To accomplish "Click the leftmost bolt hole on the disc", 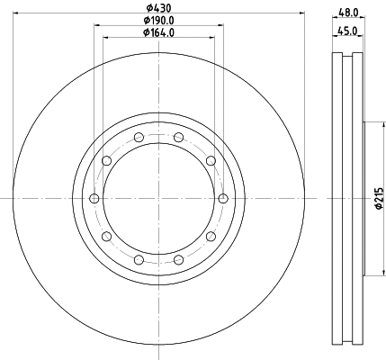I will click(x=94, y=199).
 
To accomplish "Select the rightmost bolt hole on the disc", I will click(x=222, y=199).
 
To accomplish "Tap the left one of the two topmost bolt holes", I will click(x=139, y=138).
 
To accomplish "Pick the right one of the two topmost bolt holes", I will click(x=178, y=138).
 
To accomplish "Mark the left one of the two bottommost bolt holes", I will click(x=139, y=260).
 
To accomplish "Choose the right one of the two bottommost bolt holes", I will click(x=178, y=260).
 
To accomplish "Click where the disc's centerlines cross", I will click(x=158, y=199).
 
